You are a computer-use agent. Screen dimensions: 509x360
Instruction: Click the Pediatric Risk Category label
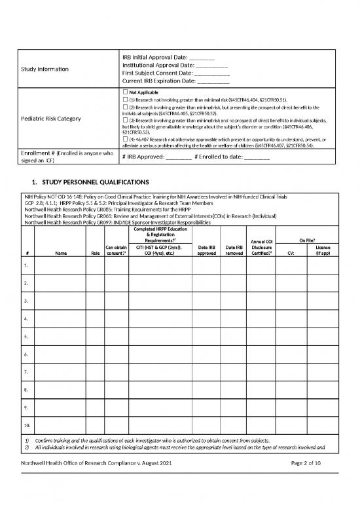point(52,119)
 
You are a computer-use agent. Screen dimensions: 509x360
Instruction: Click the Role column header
point(94,253)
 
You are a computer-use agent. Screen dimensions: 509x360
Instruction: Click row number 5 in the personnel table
point(26,336)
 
